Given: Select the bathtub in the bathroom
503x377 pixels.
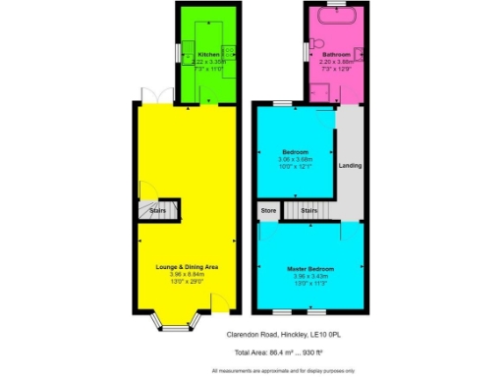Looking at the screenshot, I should click(x=336, y=18).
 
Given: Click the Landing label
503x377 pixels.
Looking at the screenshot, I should click(x=350, y=165).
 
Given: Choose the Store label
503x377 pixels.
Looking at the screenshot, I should click(x=268, y=210).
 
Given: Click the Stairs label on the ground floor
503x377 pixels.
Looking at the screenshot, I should click(x=157, y=210).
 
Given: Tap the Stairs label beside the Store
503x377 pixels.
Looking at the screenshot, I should click(x=308, y=210).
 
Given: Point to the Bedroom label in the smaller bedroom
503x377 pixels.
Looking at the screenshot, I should click(x=296, y=152).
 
